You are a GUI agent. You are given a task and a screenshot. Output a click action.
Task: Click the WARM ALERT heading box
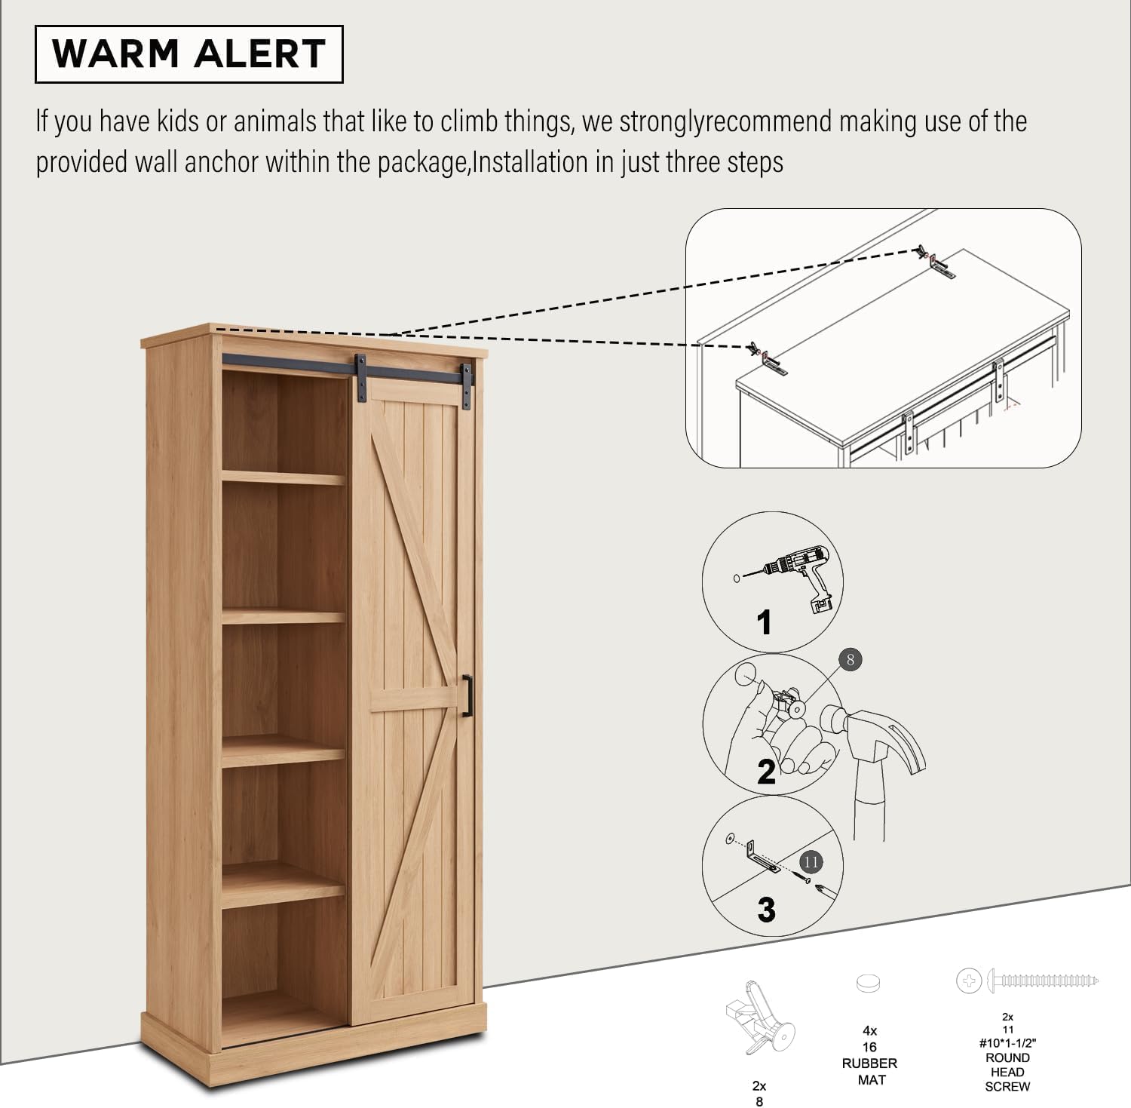(189, 54)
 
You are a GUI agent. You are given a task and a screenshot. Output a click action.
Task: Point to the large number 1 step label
(765, 623)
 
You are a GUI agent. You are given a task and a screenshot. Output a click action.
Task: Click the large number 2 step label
(766, 772)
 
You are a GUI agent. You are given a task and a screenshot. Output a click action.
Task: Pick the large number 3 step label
(766, 910)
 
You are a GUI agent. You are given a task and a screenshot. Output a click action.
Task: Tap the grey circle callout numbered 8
(850, 660)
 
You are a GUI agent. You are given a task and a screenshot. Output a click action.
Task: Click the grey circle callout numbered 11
(811, 861)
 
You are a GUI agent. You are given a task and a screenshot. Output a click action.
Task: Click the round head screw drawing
(1028, 981)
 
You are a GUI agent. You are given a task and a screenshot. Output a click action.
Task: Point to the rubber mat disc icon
(869, 983)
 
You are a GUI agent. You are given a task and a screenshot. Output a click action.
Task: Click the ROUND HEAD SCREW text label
(1007, 1072)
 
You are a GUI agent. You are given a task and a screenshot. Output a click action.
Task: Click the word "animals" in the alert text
(274, 121)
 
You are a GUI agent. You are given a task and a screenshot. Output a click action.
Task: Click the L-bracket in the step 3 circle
(763, 858)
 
